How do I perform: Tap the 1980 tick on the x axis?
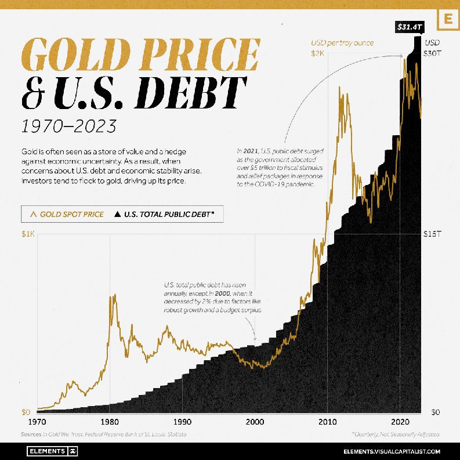click(108, 422)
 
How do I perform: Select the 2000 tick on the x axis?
click(255, 422)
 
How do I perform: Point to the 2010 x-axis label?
click(328, 422)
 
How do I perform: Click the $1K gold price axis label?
click(28, 234)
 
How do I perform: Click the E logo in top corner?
click(447, 19)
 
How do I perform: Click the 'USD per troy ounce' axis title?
click(342, 43)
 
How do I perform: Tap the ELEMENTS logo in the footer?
click(53, 451)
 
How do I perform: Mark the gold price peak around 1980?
click(113, 295)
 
